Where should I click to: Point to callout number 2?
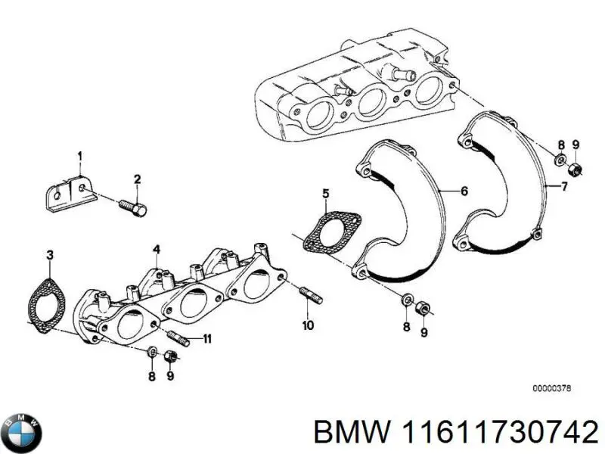[x=138, y=179]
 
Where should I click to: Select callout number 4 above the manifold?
[x=155, y=249]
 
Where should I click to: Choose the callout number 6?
[x=464, y=191]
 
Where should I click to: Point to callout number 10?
[x=307, y=326]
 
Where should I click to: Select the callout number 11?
[x=206, y=337]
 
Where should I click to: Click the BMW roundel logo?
[x=22, y=433]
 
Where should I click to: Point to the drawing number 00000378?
[x=551, y=388]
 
